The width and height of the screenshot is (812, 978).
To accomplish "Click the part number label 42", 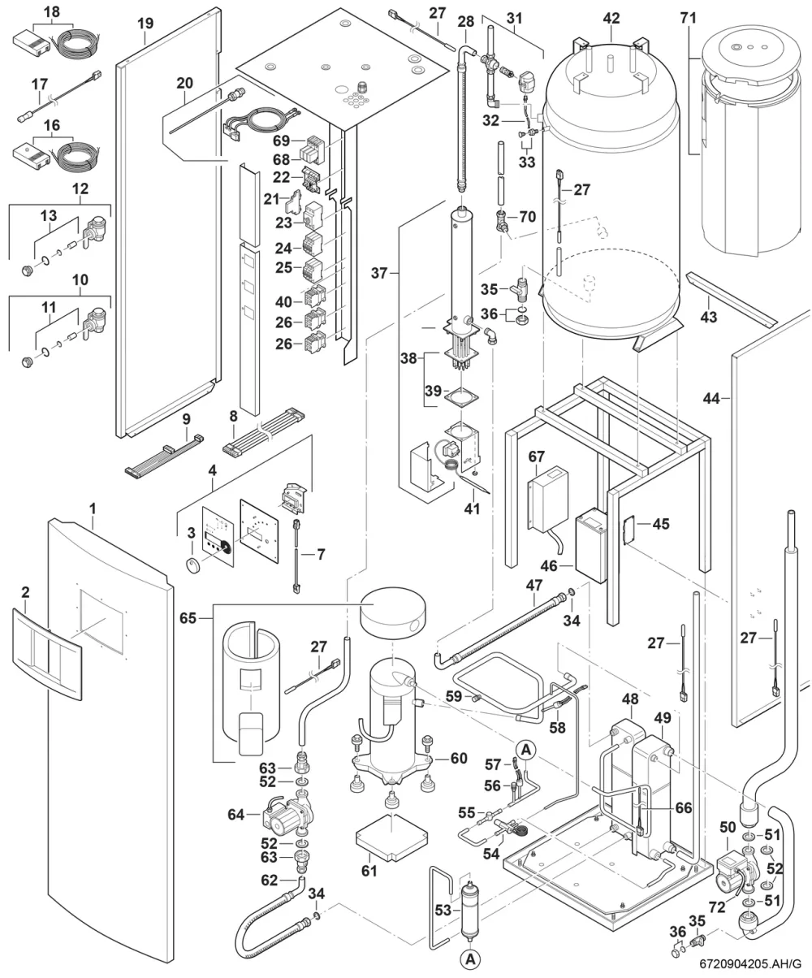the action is click(611, 18).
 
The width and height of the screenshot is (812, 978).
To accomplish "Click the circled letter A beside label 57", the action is click(526, 750).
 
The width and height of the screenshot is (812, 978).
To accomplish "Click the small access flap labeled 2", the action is click(46, 654).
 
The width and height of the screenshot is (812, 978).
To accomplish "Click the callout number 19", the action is click(145, 23).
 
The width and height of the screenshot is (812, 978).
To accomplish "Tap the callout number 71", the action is click(688, 18).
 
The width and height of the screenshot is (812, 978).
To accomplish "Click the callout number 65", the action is click(188, 618).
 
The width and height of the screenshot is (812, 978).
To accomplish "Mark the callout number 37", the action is click(379, 273).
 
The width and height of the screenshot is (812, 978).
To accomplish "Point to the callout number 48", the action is click(630, 699).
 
